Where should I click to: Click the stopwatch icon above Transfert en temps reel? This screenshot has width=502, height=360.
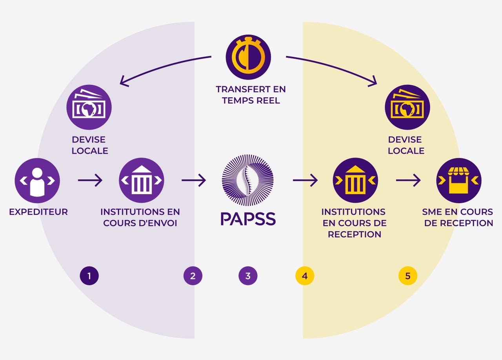[x=248, y=57]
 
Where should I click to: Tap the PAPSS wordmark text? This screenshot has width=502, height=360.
[x=248, y=219]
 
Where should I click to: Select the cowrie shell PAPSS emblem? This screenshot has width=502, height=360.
[x=247, y=180]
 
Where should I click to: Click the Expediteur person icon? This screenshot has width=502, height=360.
[x=37, y=180]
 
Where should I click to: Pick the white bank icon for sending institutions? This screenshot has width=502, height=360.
[x=142, y=180]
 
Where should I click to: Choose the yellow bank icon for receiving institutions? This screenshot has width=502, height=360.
[x=355, y=180]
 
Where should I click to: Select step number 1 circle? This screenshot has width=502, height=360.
[x=89, y=276]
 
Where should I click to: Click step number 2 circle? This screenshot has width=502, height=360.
[x=193, y=276]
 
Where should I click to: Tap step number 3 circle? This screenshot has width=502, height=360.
[x=248, y=276]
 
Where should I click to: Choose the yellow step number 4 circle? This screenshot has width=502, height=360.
[x=305, y=276]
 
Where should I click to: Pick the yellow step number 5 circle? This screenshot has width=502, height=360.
[x=408, y=276]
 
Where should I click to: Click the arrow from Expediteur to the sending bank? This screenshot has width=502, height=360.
[x=90, y=180]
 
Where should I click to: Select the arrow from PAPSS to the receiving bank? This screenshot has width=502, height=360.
[x=305, y=180]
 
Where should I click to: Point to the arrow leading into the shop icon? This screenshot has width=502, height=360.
[x=408, y=180]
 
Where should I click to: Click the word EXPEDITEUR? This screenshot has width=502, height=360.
[x=38, y=212]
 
